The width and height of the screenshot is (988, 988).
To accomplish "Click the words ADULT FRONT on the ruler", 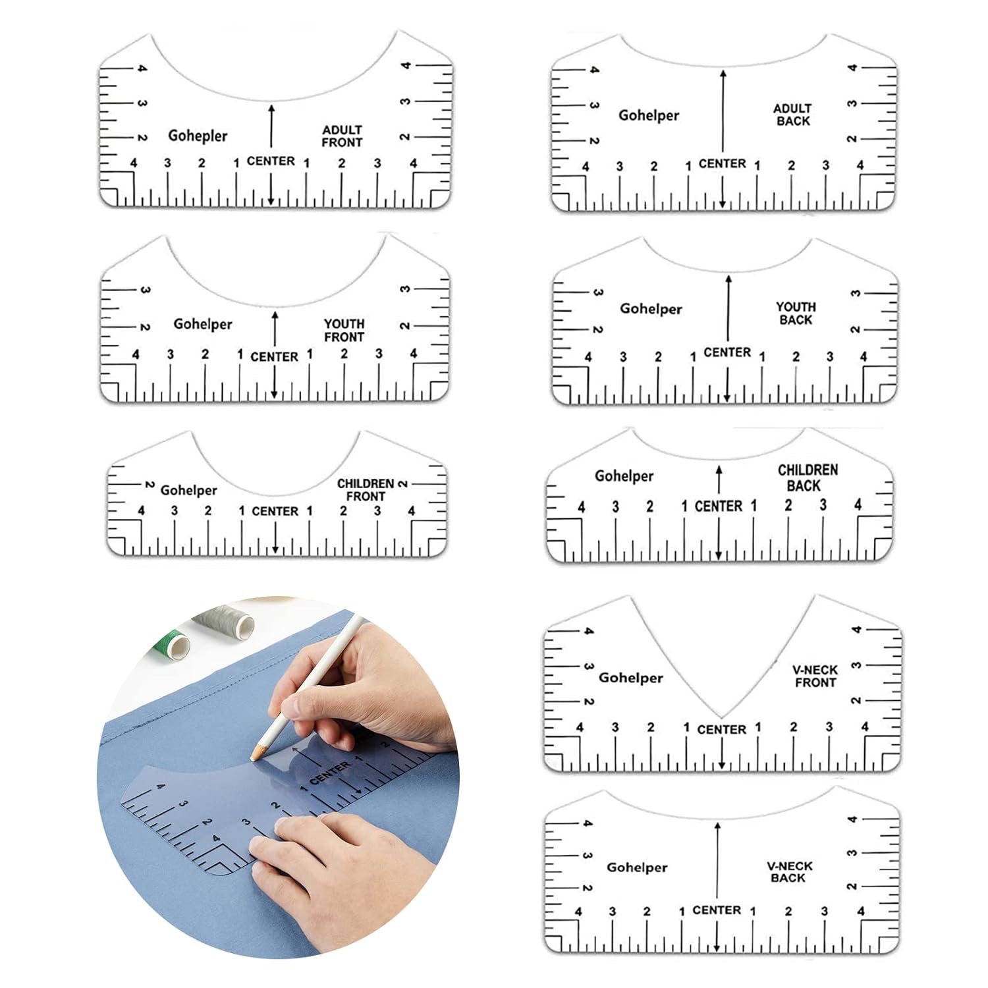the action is [x=342, y=136].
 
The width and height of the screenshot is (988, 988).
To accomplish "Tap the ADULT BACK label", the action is [x=792, y=115].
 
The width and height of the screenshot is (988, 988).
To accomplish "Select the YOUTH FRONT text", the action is [x=344, y=331].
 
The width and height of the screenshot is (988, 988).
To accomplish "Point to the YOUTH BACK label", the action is [x=796, y=314].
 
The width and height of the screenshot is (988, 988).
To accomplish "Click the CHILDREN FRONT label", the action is [x=366, y=490].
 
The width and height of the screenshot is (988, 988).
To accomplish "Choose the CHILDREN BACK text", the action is [x=808, y=478].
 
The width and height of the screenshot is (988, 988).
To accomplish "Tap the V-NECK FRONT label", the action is [x=815, y=676].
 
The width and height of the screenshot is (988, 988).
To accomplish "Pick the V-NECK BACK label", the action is [x=789, y=872].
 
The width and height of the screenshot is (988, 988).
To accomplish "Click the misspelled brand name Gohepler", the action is [x=198, y=136].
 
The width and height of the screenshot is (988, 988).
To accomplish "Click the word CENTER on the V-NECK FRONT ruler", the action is [x=721, y=730].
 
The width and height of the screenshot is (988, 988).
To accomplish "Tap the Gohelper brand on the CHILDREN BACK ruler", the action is [x=624, y=476].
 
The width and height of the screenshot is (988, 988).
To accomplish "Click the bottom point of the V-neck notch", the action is [x=721, y=717].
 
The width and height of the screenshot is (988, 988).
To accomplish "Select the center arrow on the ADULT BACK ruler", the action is [x=723, y=138].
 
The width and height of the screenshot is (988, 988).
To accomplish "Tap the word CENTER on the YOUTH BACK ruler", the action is [x=727, y=352].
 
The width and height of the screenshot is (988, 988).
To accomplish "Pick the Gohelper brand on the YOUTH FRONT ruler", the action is [x=203, y=324].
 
